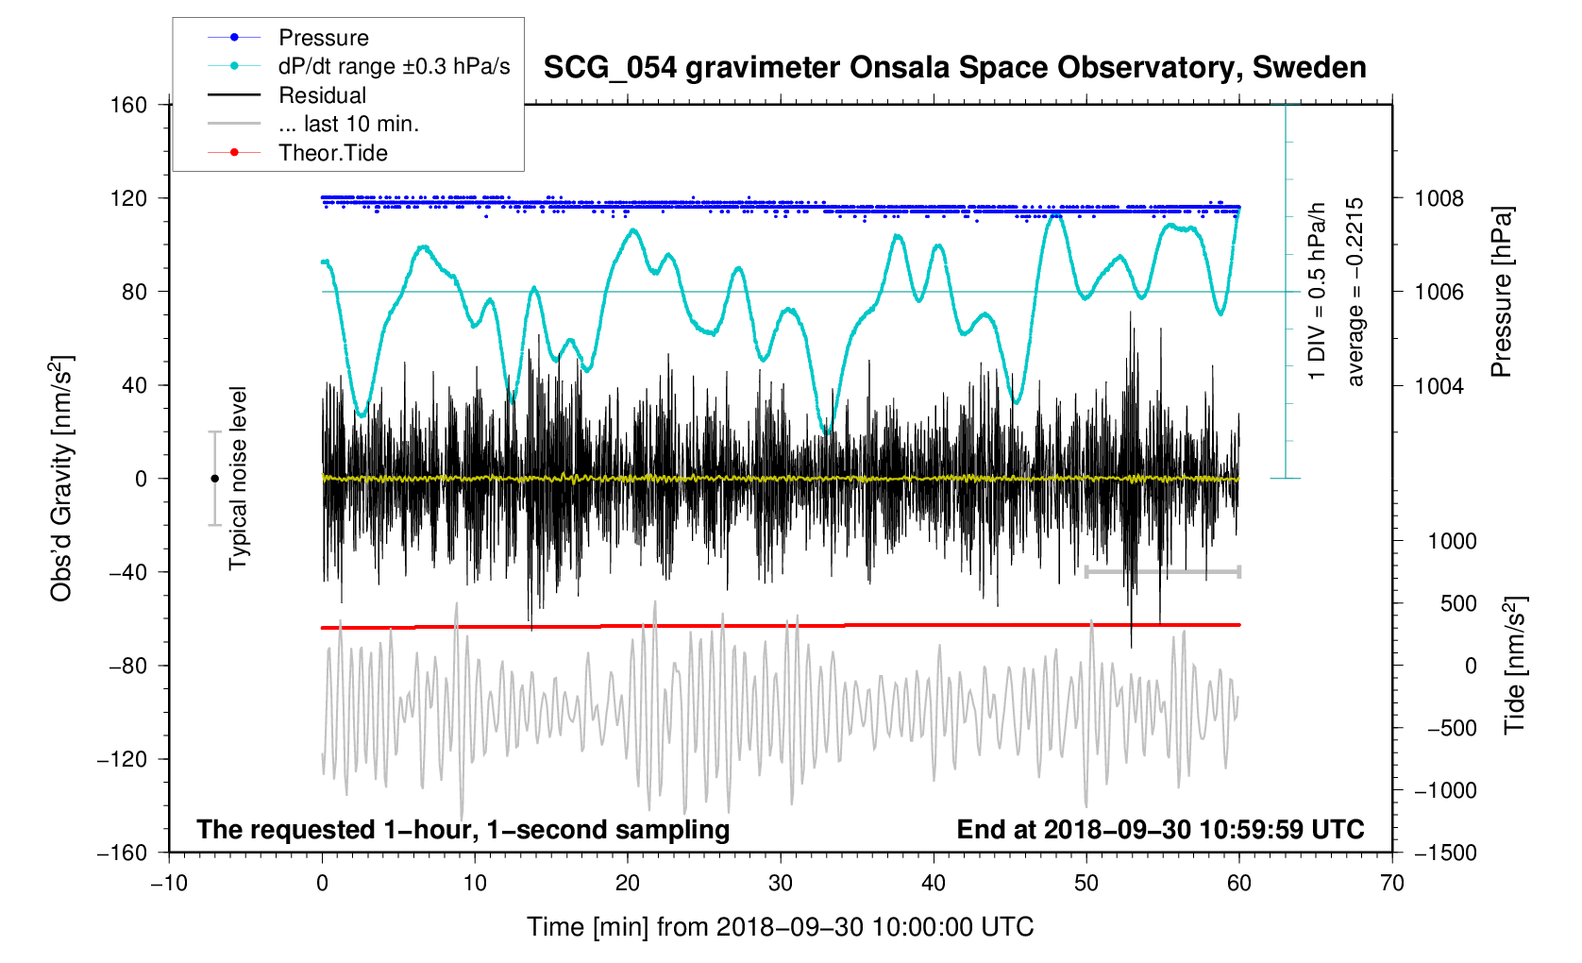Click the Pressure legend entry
(323, 38)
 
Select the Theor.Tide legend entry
(332, 153)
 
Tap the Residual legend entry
(322, 95)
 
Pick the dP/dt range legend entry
(394, 66)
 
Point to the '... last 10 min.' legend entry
(348, 124)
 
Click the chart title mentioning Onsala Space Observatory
(954, 68)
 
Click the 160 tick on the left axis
(128, 105)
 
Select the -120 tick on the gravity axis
(122, 759)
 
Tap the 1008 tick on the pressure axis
(1439, 198)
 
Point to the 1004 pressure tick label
(1439, 385)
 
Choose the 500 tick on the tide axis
(1458, 603)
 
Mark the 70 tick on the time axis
(1391, 884)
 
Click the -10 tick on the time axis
(169, 884)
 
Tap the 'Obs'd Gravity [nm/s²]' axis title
(61, 479)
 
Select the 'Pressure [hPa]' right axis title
(1501, 292)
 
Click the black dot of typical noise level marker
(214, 479)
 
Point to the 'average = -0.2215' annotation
(1355, 292)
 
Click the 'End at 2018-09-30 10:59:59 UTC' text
(1160, 830)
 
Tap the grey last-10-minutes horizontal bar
(1162, 571)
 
